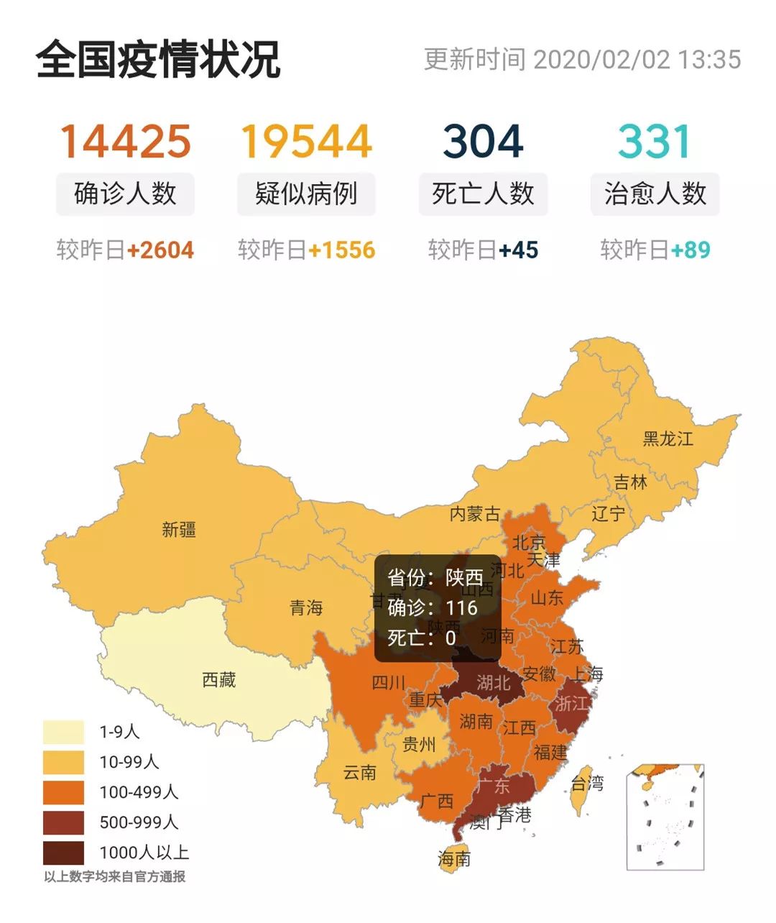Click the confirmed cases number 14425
pos(125,141)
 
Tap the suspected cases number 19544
pos(306,141)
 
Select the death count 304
pos(483,141)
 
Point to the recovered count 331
pos(655,141)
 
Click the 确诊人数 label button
pos(125,194)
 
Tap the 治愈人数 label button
pos(655,194)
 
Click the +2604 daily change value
pos(160,250)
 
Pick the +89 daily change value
pos(690,250)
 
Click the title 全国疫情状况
pos(157,60)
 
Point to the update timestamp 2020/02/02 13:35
pos(637,60)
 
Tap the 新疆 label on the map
pos(178,531)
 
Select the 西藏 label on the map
pos(218,679)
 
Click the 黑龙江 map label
pos(668,438)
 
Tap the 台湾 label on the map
pos(587,783)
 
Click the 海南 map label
pos(454,858)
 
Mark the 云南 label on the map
pos(359,773)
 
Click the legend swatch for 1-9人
pos(63,733)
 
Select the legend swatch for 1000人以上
pos(63,853)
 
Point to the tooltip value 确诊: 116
pos(433,608)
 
